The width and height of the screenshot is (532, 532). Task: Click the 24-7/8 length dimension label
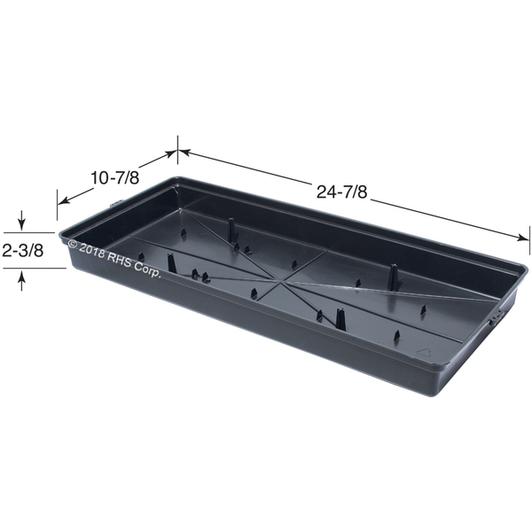tap(342, 192)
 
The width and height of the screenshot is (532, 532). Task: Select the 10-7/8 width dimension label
tap(115, 178)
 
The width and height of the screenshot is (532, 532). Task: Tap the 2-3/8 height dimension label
tap(23, 251)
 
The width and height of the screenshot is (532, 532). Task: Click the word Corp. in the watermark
tap(147, 270)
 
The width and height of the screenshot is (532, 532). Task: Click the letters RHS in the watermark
tap(119, 259)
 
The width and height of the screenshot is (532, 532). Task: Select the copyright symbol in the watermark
tap(73, 243)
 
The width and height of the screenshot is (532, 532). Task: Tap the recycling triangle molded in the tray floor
tap(424, 353)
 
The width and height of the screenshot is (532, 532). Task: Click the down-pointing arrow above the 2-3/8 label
tap(21, 221)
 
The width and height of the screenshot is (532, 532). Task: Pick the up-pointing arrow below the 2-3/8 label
tap(21, 280)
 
